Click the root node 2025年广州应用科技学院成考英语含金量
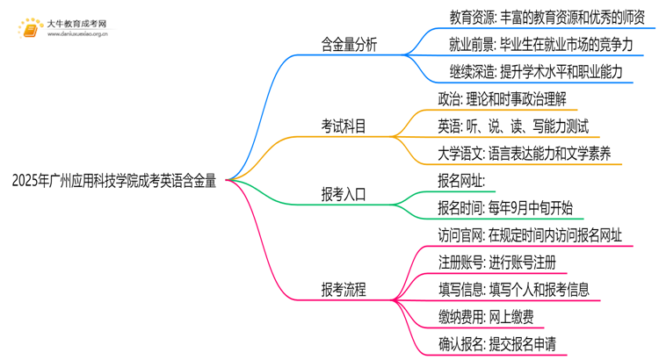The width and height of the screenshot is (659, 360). point(114,181)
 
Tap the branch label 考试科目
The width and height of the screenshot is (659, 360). point(344,126)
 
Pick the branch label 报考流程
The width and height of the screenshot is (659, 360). point(344,289)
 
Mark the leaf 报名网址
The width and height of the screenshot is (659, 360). point(460,181)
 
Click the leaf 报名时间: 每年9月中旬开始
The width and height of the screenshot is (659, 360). point(504,208)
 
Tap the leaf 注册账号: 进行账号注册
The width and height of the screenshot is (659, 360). point(496,262)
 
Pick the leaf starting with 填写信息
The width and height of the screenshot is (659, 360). point(513,289)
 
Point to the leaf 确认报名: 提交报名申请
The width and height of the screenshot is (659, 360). point(496,343)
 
